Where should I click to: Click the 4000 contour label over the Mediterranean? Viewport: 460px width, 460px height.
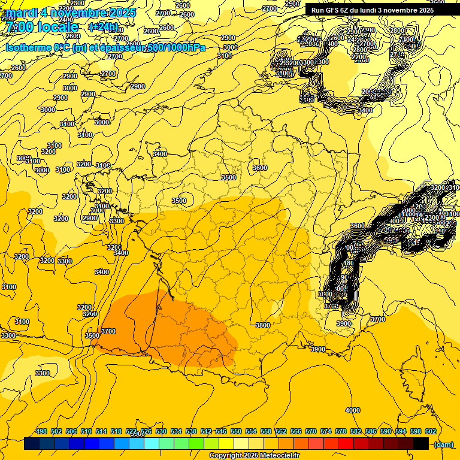pyautogui.click(x=353, y=410)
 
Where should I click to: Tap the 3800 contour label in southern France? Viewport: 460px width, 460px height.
pyautogui.click(x=262, y=325)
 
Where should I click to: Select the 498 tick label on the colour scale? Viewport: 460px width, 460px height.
pyautogui.click(x=41, y=432)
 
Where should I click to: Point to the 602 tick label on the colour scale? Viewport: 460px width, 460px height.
pyautogui.click(x=430, y=432)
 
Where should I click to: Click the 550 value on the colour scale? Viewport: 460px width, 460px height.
pyautogui.click(x=236, y=432)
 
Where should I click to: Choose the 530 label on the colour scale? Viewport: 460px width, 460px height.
pyautogui.click(x=161, y=432)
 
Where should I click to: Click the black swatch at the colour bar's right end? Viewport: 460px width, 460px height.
pyautogui.click(x=421, y=444)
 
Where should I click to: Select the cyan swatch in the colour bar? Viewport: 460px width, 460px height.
pyautogui.click(x=152, y=444)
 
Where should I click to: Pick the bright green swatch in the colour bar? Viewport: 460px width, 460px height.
pyautogui.click(x=196, y=444)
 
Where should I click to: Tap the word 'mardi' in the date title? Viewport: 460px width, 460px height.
pyautogui.click(x=20, y=13)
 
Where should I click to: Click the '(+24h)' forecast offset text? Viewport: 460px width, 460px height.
pyautogui.click(x=103, y=27)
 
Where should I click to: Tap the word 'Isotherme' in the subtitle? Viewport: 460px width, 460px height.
pyautogui.click(x=28, y=47)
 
